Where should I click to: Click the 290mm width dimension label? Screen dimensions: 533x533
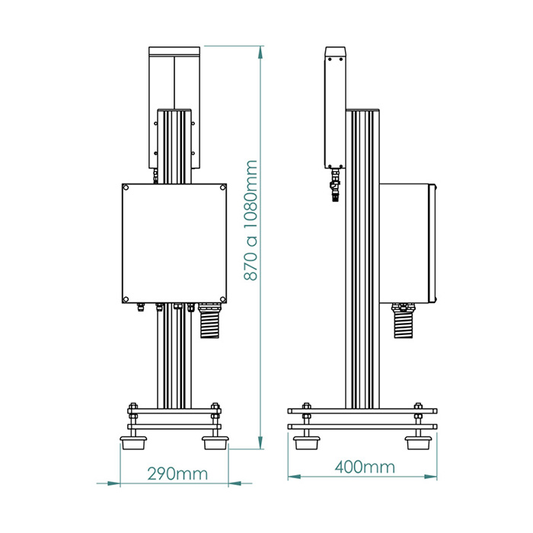pos(177,474)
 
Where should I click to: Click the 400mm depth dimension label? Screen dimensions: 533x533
pos(364,467)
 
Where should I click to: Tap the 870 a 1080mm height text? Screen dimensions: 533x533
pos(252,221)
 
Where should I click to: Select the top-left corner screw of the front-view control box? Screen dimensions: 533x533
pos(126,187)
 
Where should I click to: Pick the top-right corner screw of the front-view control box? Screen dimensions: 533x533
pos(222,187)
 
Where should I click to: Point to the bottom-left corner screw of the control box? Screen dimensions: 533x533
pos(126,298)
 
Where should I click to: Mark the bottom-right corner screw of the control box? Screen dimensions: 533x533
pos(222,298)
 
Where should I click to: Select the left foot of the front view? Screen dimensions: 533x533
pos(133,441)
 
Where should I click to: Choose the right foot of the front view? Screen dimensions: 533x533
pos(215,441)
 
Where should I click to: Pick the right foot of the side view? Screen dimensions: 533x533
pos(417,442)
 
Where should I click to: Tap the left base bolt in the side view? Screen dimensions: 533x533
pos(307,415)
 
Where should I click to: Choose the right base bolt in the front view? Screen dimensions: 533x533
pos(215,415)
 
